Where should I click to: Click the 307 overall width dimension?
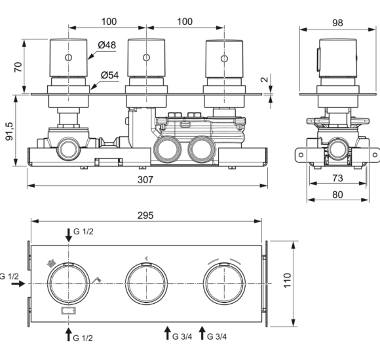pyautogui.click(x=147, y=180)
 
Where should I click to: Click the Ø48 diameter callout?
pyautogui.click(x=107, y=46)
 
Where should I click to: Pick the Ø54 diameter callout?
pyautogui.click(x=109, y=75)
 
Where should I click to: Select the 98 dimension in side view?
pyautogui.click(x=337, y=22)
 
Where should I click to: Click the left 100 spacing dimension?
pyautogui.click(x=108, y=22)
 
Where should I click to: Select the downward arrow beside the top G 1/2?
pyautogui.click(x=69, y=234)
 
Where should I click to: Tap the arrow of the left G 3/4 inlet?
pyautogui.click(x=167, y=332)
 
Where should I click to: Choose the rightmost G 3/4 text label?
pyautogui.click(x=218, y=336)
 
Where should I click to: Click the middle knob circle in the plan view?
pyautogui.click(x=147, y=283)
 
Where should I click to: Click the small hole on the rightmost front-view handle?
pyautogui.click(x=224, y=59)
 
